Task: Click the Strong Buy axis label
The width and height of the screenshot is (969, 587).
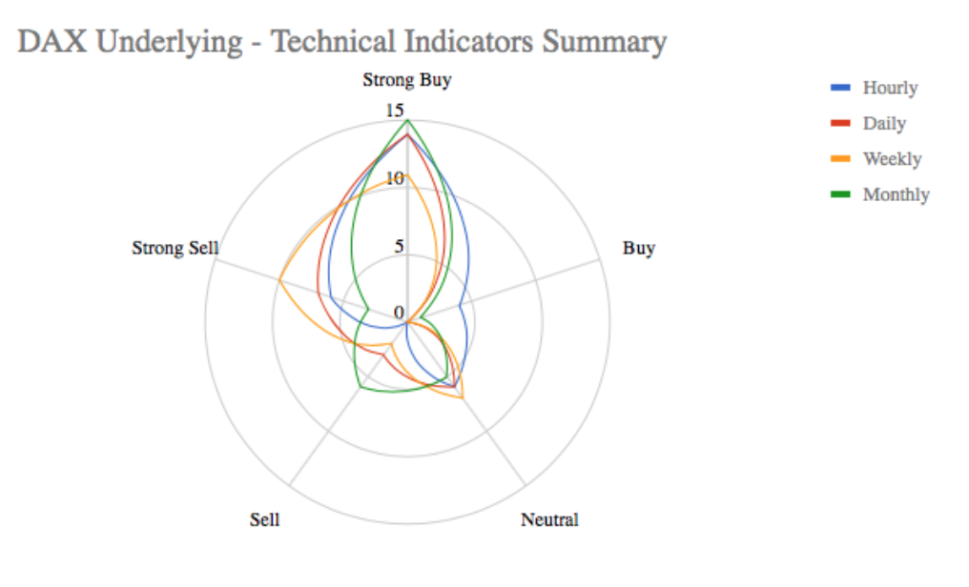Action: tap(406, 80)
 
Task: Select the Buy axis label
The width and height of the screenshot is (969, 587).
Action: tap(639, 249)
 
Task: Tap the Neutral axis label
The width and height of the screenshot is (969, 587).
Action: tap(549, 520)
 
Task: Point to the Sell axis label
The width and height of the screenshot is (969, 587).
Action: tap(264, 520)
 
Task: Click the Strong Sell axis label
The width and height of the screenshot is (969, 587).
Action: tap(175, 249)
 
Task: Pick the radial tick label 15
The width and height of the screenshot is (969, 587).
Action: tap(395, 111)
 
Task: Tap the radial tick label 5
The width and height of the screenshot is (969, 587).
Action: tap(399, 246)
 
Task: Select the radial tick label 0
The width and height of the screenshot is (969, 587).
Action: tap(399, 314)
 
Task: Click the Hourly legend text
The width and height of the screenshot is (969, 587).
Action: tap(890, 88)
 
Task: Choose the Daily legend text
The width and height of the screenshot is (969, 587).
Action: tap(884, 123)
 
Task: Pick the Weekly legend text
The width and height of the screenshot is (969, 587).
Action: tap(892, 159)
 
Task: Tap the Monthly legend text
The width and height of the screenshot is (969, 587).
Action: tap(896, 194)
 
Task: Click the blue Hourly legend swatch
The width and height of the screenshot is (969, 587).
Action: tap(840, 88)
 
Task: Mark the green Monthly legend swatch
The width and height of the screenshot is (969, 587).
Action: tap(840, 194)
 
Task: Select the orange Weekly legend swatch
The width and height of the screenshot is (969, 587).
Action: tap(840, 159)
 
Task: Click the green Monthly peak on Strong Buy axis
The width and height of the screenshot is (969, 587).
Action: tap(407, 120)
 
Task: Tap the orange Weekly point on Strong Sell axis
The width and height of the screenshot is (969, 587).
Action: tap(279, 281)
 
